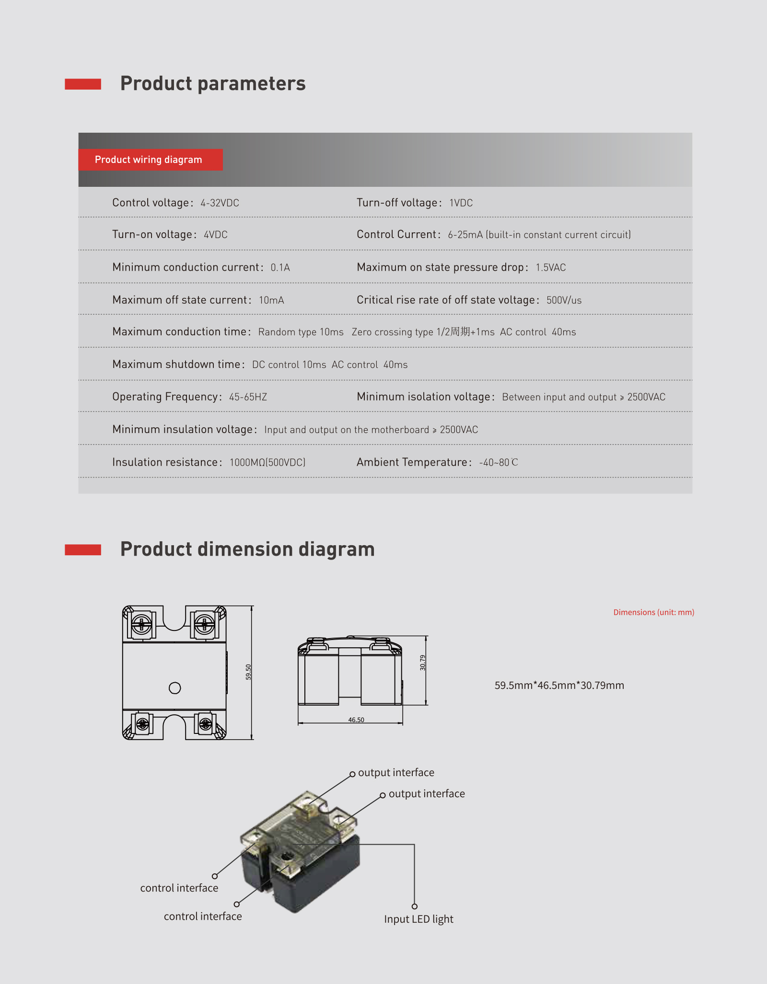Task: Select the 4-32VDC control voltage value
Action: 220,203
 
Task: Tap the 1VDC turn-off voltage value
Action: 461,203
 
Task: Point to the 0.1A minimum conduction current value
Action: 280,267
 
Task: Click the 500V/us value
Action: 564,300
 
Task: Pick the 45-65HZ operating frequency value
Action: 248,397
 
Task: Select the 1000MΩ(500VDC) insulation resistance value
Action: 267,462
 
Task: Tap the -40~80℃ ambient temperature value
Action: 499,462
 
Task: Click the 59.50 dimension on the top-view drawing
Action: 248,672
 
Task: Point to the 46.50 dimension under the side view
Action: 356,720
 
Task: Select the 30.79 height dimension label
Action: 422,663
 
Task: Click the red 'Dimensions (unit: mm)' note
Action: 653,612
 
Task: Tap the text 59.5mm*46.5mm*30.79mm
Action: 559,686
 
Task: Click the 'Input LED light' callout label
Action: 418,919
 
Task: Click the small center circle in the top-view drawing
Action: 175,688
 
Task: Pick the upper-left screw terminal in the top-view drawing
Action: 141,624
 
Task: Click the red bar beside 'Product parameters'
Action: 83,84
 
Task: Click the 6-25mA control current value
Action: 465,235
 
